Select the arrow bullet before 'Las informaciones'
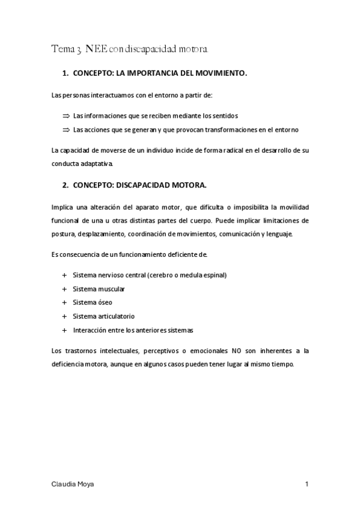(x=66, y=115)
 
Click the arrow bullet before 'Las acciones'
(x=66, y=130)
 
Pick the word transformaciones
(x=215, y=130)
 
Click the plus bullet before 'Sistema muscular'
(x=64, y=289)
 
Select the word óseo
(x=103, y=303)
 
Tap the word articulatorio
(x=115, y=316)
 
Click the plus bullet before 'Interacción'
(x=64, y=330)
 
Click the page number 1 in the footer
(x=307, y=484)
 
